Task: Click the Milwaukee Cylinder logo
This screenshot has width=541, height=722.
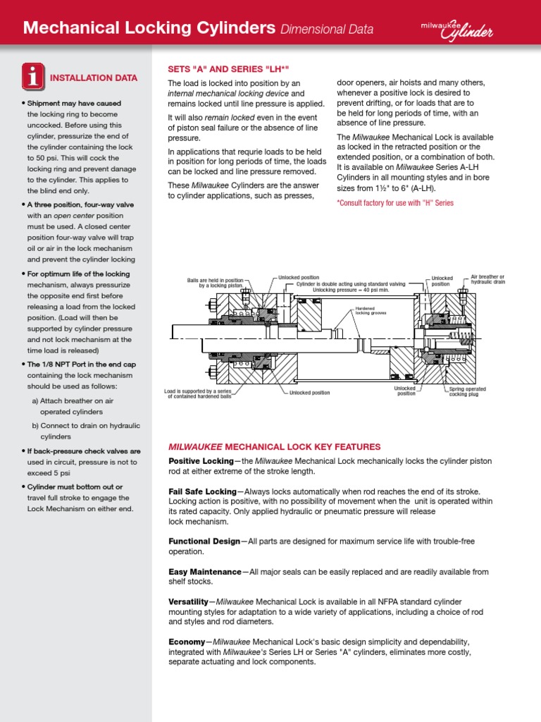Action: tap(459, 28)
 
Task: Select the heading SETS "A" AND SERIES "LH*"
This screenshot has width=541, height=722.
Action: tap(228, 69)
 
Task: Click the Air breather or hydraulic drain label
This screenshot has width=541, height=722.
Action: tap(487, 280)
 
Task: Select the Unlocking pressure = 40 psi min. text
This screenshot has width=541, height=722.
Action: tap(349, 290)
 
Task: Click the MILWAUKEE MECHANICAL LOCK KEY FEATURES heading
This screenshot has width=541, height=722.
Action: tap(274, 447)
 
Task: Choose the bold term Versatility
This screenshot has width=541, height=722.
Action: tap(188, 601)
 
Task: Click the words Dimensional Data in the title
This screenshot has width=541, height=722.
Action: tap(327, 29)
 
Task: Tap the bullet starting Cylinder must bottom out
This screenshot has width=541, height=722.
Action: tap(75, 487)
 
